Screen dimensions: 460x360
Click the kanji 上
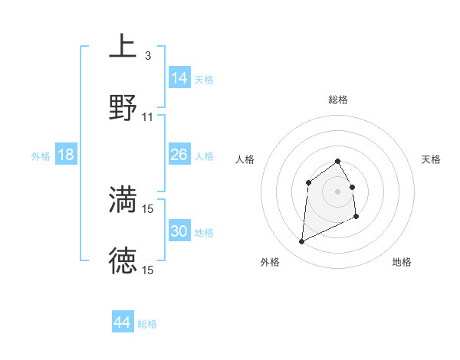[123, 45]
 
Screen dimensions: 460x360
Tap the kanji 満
[123, 198]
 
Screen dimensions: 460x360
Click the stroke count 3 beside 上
[147, 56]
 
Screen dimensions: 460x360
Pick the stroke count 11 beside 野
[148, 117]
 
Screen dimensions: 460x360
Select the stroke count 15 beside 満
[148, 209]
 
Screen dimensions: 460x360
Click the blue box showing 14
[179, 78]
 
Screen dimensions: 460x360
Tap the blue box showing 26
[179, 155]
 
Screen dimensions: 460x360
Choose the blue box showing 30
[179, 231]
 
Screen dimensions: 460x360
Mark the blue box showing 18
[66, 155]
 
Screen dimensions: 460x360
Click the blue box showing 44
[123, 322]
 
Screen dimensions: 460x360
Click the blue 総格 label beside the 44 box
[147, 324]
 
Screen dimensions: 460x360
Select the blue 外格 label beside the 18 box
[41, 156]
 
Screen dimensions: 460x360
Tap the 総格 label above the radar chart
[338, 100]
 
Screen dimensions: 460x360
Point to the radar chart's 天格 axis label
[432, 159]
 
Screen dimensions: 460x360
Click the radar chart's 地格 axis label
[402, 262]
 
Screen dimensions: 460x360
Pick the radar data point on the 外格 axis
[301, 242]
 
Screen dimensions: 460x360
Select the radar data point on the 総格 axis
[338, 161]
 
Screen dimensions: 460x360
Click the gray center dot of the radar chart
[338, 191]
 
